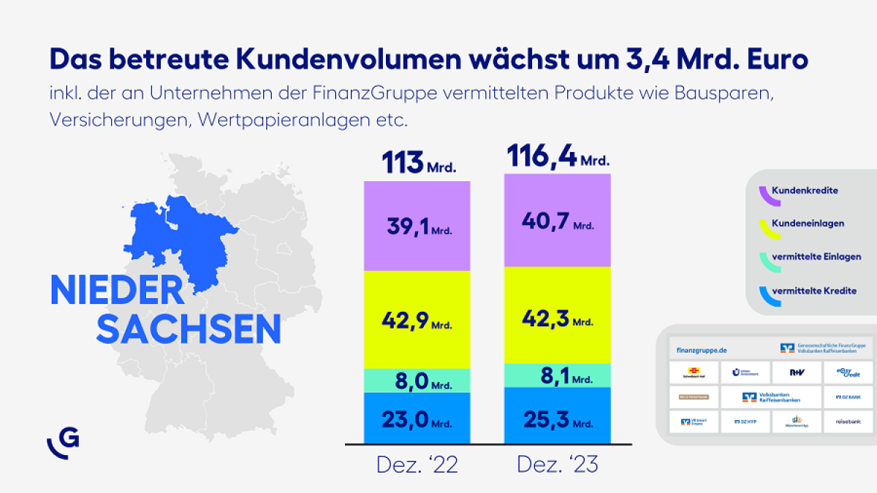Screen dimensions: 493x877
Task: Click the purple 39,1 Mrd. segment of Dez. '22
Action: (417, 226)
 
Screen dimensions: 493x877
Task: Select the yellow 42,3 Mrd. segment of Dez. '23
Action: (557, 316)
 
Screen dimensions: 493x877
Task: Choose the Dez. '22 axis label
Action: (417, 465)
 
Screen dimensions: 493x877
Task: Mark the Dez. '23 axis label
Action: (557, 465)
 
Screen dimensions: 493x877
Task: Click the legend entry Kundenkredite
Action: (805, 191)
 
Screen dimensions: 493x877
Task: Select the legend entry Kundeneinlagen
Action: (808, 223)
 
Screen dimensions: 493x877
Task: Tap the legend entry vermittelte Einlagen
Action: (816, 257)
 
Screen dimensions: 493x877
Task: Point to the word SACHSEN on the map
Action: (189, 329)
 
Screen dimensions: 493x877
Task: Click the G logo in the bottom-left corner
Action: (64, 442)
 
